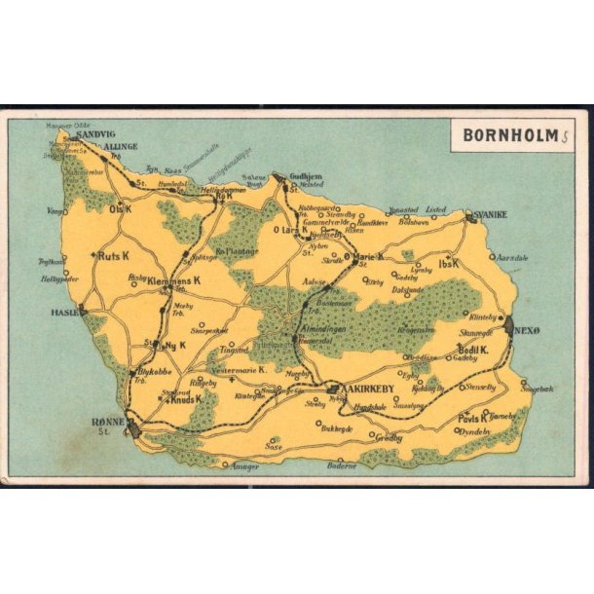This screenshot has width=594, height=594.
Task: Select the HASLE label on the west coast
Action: (x=62, y=313)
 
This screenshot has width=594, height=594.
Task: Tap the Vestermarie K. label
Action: (x=234, y=370)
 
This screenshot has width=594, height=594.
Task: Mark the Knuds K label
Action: (x=186, y=399)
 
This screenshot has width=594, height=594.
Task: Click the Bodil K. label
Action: (x=472, y=349)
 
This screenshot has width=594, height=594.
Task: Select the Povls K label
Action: (x=472, y=418)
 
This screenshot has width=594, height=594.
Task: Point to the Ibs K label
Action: (x=448, y=263)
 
